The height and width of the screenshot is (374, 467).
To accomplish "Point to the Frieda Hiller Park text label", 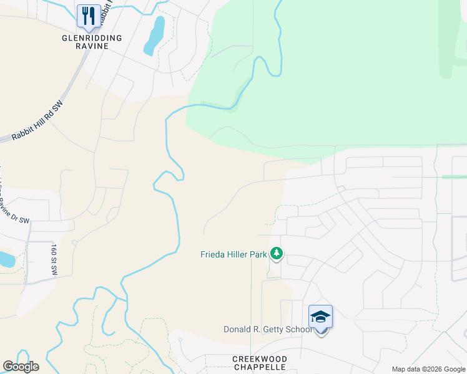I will (x=234, y=254).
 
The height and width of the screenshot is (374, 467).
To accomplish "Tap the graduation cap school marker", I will (x=320, y=317).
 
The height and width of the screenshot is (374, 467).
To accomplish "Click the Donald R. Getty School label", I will (x=268, y=329).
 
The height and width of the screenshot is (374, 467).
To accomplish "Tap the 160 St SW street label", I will (x=54, y=259).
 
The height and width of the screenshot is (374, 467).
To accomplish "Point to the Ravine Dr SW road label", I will (x=14, y=206).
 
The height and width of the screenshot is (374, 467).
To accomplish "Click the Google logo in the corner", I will (x=21, y=367).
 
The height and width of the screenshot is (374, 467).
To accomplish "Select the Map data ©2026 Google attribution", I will (x=428, y=370).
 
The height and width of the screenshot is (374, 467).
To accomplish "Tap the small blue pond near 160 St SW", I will (x=5, y=259).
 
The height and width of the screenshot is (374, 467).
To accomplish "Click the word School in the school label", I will (x=298, y=329).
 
